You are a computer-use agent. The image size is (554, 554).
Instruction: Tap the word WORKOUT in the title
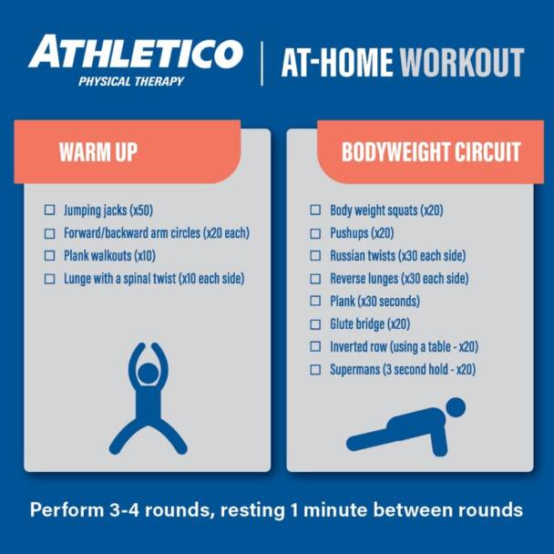tap(462, 63)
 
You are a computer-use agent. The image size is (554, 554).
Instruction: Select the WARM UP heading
tap(97, 152)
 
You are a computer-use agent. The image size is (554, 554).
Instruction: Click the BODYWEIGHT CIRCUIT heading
tap(431, 152)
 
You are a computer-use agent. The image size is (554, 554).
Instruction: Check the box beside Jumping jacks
tap(50, 210)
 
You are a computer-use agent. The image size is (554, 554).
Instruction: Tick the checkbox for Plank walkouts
tap(50, 256)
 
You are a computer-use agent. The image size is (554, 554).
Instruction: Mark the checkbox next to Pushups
tap(315, 233)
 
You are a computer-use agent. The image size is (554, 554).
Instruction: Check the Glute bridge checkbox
tap(315, 324)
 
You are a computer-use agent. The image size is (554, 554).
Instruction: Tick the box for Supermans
tap(315, 370)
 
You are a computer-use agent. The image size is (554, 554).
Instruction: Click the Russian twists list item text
tap(399, 256)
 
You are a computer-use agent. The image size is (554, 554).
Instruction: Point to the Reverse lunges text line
tap(399, 279)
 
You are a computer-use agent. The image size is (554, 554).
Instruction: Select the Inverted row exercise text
tap(404, 347)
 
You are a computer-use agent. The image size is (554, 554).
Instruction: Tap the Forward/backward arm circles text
tap(157, 233)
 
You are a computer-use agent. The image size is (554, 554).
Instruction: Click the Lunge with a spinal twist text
tap(154, 279)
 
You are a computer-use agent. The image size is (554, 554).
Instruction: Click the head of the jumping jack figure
tap(147, 374)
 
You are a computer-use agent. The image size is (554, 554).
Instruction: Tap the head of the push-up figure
tap(455, 406)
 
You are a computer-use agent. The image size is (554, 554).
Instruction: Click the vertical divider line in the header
tap(262, 62)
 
